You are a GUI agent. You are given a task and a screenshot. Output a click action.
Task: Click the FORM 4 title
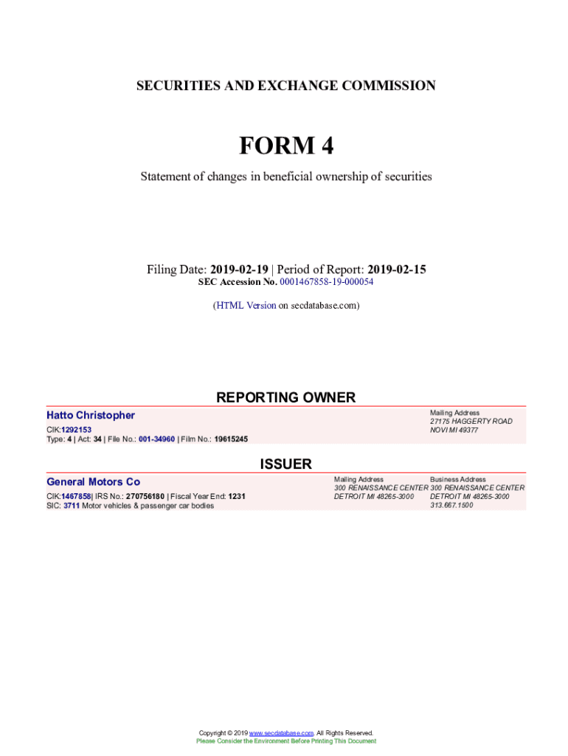tap(286, 146)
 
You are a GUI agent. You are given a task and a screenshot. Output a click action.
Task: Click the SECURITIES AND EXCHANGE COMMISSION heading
tap(286, 86)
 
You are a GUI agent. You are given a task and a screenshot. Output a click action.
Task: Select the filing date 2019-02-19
tap(239, 269)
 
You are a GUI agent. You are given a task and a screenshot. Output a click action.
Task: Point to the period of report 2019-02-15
tap(397, 269)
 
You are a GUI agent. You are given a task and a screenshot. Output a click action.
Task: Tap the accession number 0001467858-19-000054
tap(327, 282)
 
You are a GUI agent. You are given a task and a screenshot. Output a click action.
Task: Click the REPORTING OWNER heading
tap(285, 397)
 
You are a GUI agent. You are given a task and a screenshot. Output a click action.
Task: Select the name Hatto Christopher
tap(91, 416)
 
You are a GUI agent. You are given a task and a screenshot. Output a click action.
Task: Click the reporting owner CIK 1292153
tap(76, 429)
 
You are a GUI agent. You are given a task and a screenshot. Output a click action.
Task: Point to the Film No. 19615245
tap(231, 439)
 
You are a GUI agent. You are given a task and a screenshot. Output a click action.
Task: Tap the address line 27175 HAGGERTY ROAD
tap(471, 422)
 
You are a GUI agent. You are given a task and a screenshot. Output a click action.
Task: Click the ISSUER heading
tap(285, 464)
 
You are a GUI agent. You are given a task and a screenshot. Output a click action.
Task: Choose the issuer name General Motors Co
tap(93, 482)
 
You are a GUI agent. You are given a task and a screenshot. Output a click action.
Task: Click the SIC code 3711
tap(72, 506)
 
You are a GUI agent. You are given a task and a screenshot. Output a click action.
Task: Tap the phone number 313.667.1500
tap(451, 506)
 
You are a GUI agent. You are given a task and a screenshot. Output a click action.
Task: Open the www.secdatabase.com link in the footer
tap(282, 733)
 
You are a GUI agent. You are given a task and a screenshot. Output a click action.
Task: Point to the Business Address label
tap(458, 479)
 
